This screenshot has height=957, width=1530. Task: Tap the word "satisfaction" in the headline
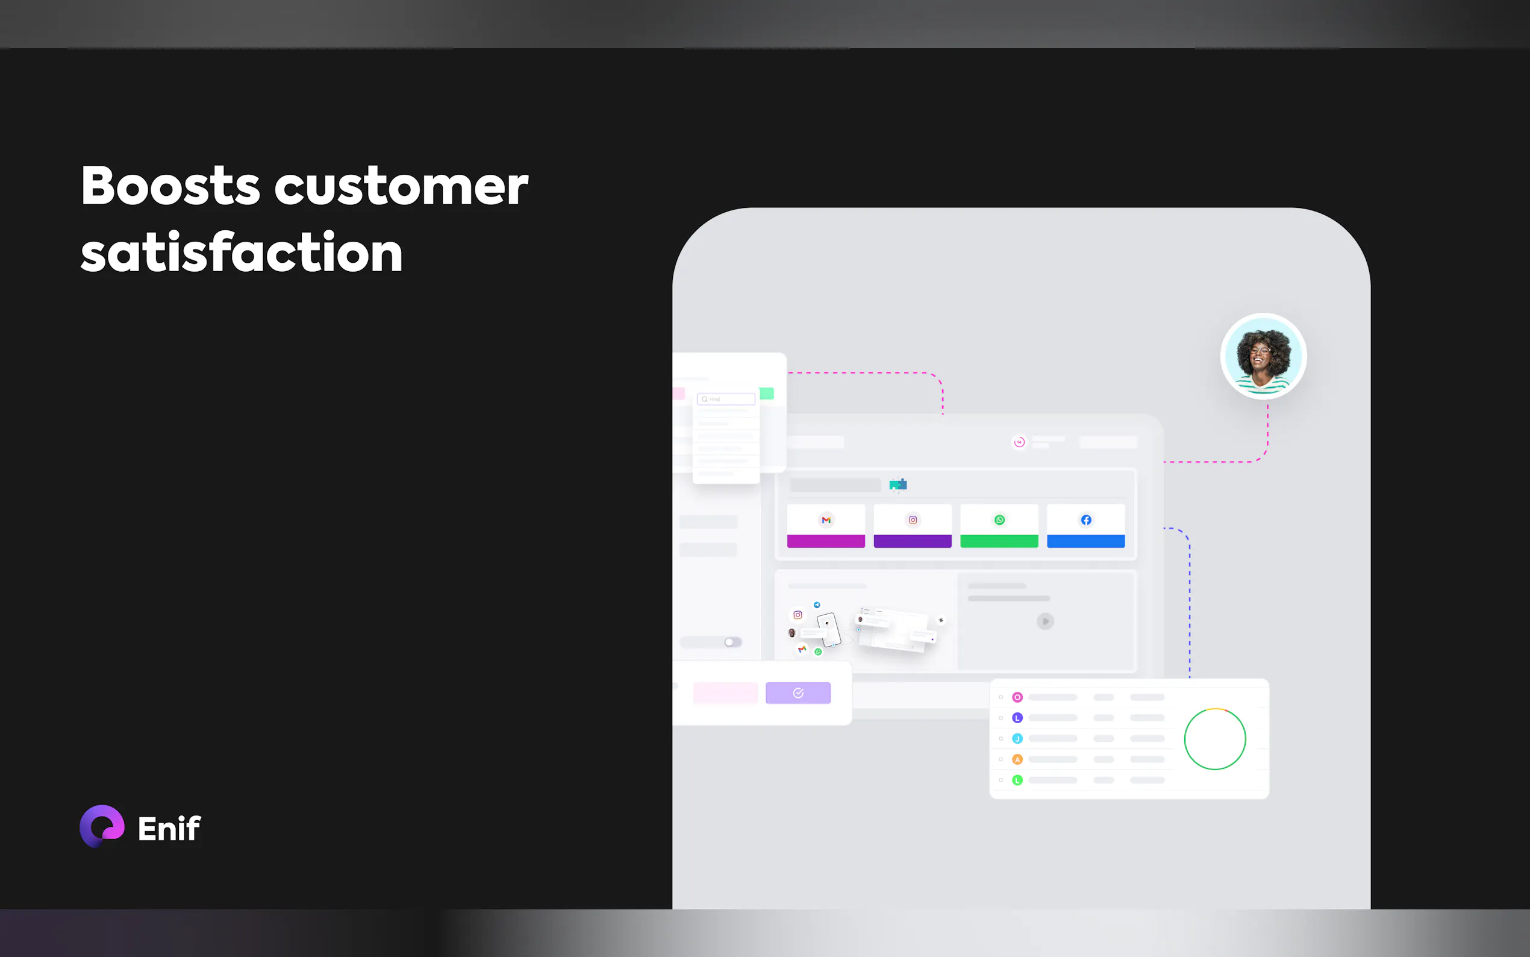point(242,252)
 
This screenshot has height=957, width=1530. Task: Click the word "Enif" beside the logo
point(169,829)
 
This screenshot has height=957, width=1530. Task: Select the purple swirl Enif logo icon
point(102,826)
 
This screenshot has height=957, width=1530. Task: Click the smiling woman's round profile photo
point(1263,356)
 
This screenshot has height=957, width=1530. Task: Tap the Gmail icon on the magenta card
point(826,519)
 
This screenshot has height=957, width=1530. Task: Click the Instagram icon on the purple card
point(913,519)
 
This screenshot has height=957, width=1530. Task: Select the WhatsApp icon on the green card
point(999,519)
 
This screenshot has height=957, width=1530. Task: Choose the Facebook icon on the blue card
point(1086,519)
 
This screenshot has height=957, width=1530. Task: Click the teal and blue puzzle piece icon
point(898,485)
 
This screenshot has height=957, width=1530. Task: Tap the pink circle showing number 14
point(1019,442)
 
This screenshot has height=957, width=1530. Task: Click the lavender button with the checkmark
point(798,693)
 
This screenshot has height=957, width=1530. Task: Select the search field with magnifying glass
point(726,400)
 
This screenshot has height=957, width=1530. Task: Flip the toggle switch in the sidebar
point(732,642)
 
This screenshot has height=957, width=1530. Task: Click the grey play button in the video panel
point(1046,621)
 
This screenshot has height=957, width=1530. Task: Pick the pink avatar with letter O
point(1017,697)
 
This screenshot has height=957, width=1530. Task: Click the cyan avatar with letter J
point(1017,739)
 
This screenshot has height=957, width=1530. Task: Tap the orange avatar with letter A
point(1017,759)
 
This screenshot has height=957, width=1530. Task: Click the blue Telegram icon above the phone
point(817,605)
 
